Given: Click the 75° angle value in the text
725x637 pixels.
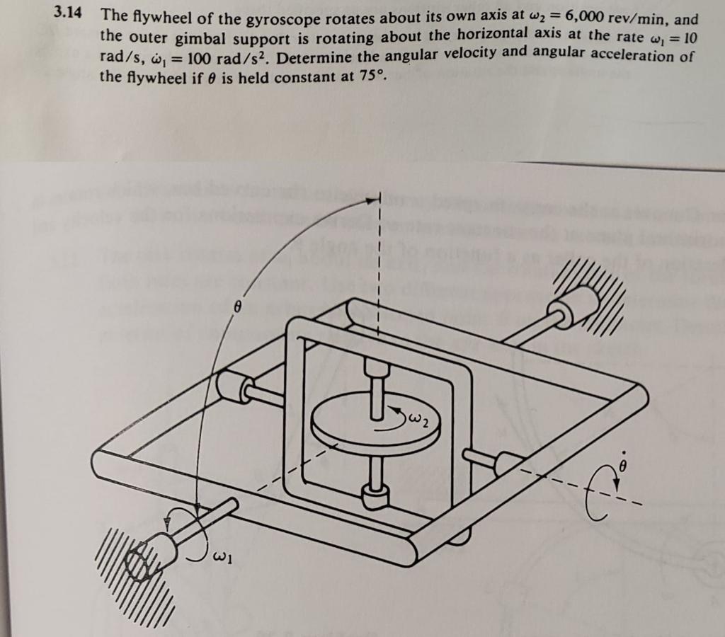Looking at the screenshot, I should click(371, 76).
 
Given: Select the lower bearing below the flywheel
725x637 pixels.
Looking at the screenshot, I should click(375, 498).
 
